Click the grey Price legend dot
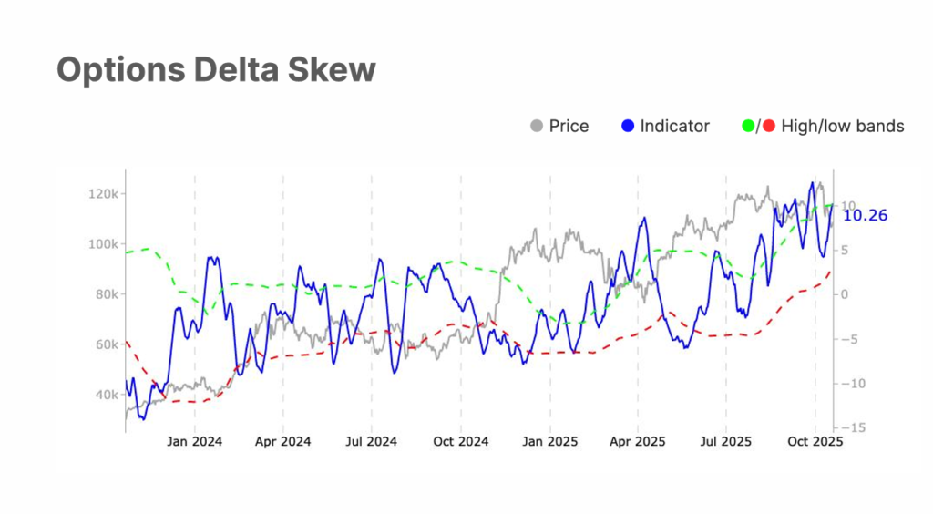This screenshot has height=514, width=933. coord(536,126)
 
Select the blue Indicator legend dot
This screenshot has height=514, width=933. coord(628,126)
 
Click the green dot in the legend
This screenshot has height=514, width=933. coord(749,126)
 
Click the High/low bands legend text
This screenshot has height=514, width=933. coord(843,126)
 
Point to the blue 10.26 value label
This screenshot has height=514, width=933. coord(865,216)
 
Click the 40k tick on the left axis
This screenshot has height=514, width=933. coord(106,395)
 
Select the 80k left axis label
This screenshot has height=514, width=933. coord(106,294)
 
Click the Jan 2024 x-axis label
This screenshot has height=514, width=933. coord(195,442)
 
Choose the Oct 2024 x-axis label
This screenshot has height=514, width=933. coord(461,442)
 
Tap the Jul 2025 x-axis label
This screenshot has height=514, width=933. coord(726,442)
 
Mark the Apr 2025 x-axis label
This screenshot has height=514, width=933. coord(637,442)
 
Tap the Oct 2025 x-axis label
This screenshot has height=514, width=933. coord(815,442)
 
